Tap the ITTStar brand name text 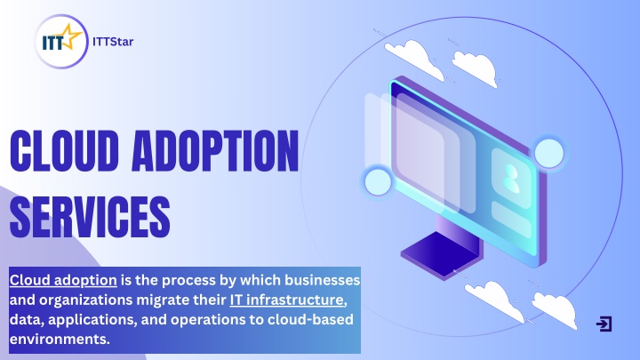pos(113,42)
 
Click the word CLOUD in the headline pos(65,151)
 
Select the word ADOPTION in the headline pos(215,151)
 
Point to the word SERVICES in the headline pos(90,216)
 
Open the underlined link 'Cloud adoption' pos(63,280)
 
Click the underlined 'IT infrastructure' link pos(287,300)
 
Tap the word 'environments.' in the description pos(60,340)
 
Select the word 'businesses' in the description pos(322,280)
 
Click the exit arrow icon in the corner pos(604,324)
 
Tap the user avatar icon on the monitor pos(511,179)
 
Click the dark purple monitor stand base pos(440,255)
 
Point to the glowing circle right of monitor pos(549,154)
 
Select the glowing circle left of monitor pos(378,182)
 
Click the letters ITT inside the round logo pos(53,43)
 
